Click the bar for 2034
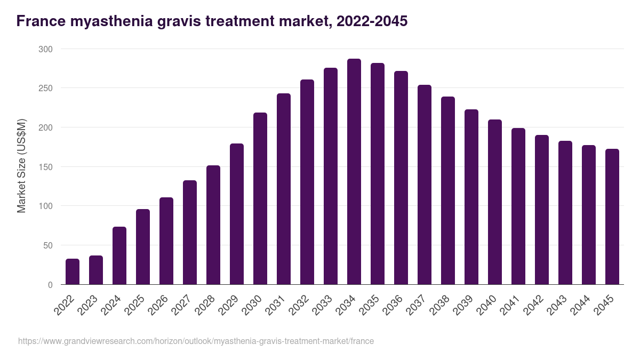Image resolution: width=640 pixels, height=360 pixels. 354,172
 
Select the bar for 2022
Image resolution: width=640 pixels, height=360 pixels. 73,271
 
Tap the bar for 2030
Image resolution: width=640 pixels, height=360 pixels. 260,198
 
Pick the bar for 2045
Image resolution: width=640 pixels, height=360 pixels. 612,217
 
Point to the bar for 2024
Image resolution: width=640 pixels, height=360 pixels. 119,255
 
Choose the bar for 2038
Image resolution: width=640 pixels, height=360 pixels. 448,190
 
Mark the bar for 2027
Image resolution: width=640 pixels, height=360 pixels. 190,233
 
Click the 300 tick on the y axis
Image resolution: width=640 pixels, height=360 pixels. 45,49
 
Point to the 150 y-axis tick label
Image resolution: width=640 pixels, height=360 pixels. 45,167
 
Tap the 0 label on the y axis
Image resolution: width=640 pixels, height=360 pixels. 50,285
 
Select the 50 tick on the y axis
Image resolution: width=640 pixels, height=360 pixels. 47,245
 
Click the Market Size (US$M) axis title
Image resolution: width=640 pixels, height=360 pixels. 21,166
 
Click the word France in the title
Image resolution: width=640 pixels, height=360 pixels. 39,21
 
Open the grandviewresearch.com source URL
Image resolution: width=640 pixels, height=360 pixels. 196,341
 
